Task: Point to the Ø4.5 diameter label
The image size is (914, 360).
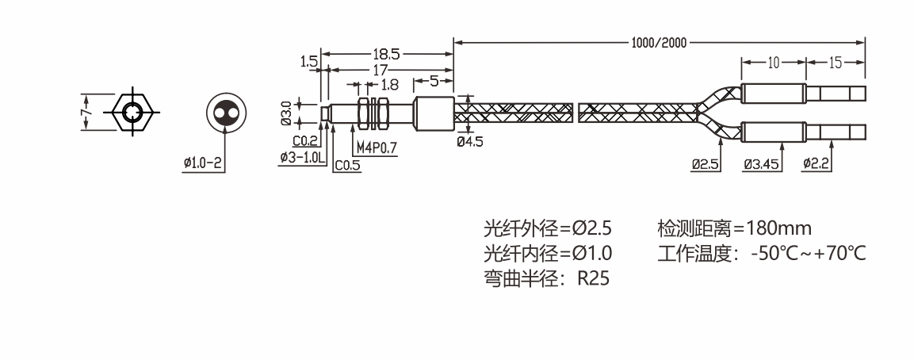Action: pyautogui.click(x=470, y=141)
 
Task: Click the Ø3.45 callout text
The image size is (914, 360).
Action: pyautogui.click(x=761, y=164)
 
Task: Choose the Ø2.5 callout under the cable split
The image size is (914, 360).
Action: pyautogui.click(x=704, y=164)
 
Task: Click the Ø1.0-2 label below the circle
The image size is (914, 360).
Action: pyautogui.click(x=203, y=163)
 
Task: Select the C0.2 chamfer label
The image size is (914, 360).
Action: pyautogui.click(x=305, y=141)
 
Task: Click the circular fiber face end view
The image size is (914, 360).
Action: pyautogui.click(x=226, y=113)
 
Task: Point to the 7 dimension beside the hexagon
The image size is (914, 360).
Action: pyautogui.click(x=86, y=111)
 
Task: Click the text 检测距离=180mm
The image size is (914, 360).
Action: pyautogui.click(x=735, y=229)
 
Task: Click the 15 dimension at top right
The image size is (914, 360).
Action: pyautogui.click(x=836, y=62)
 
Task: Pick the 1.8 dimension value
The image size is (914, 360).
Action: pyautogui.click(x=389, y=84)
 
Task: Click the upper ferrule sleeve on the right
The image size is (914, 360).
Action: pyautogui.click(x=774, y=93)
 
